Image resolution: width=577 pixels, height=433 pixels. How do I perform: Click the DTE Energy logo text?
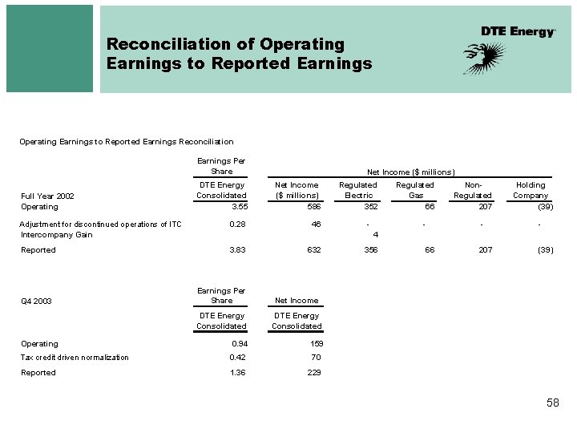tap(518, 31)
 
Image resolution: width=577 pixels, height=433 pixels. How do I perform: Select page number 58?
tap(552, 403)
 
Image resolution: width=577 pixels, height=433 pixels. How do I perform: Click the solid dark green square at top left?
tap(50, 48)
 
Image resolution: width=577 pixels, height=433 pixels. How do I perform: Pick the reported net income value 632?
tap(313, 250)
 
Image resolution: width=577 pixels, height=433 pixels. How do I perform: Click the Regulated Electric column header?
tap(357, 190)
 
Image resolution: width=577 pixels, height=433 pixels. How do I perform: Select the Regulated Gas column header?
tap(414, 190)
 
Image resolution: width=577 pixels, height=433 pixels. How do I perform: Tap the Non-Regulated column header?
tap(472, 190)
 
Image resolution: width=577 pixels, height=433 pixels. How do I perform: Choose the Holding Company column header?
tap(531, 190)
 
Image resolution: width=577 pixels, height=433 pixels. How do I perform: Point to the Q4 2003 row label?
tap(36, 301)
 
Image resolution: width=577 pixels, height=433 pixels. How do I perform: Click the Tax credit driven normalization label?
tap(75, 358)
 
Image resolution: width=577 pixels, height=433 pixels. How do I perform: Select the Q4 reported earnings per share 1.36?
tap(239, 373)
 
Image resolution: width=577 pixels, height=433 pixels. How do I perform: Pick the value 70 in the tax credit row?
tap(316, 358)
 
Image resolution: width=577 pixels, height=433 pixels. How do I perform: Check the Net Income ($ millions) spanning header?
tap(411, 172)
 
